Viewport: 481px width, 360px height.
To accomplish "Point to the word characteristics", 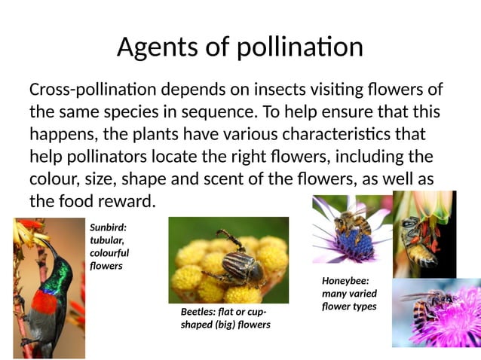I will click(353, 136).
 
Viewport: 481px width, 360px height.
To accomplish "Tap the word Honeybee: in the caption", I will click(345, 281).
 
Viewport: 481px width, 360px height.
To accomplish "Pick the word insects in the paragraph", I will click(273, 90).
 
